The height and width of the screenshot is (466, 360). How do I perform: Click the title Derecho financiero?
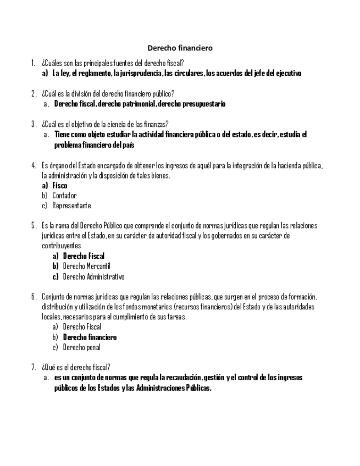pos(179,48)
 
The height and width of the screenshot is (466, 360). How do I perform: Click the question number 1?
pos(34,63)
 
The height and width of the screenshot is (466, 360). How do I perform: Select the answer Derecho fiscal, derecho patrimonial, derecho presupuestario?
pos(140,104)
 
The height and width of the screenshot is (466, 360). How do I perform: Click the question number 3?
pos(34,124)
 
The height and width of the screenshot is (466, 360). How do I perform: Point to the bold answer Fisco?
pos(60,186)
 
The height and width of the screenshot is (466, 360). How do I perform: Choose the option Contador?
pos(64,196)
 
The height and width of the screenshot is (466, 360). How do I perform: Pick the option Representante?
pos(71,206)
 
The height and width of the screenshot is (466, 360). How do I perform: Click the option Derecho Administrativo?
pos(93,277)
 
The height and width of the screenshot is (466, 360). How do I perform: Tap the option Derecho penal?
pos(81,347)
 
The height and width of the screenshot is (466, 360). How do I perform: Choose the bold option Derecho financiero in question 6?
pos(90,337)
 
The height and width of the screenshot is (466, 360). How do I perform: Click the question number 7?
pos(34,368)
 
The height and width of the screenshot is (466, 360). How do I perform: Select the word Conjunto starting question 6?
pos(54,297)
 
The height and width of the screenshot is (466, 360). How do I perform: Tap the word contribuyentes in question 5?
pos(61,246)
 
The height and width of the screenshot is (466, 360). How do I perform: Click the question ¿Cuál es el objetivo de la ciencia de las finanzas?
pos(105,124)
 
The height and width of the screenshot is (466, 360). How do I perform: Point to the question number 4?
pos(34,165)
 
